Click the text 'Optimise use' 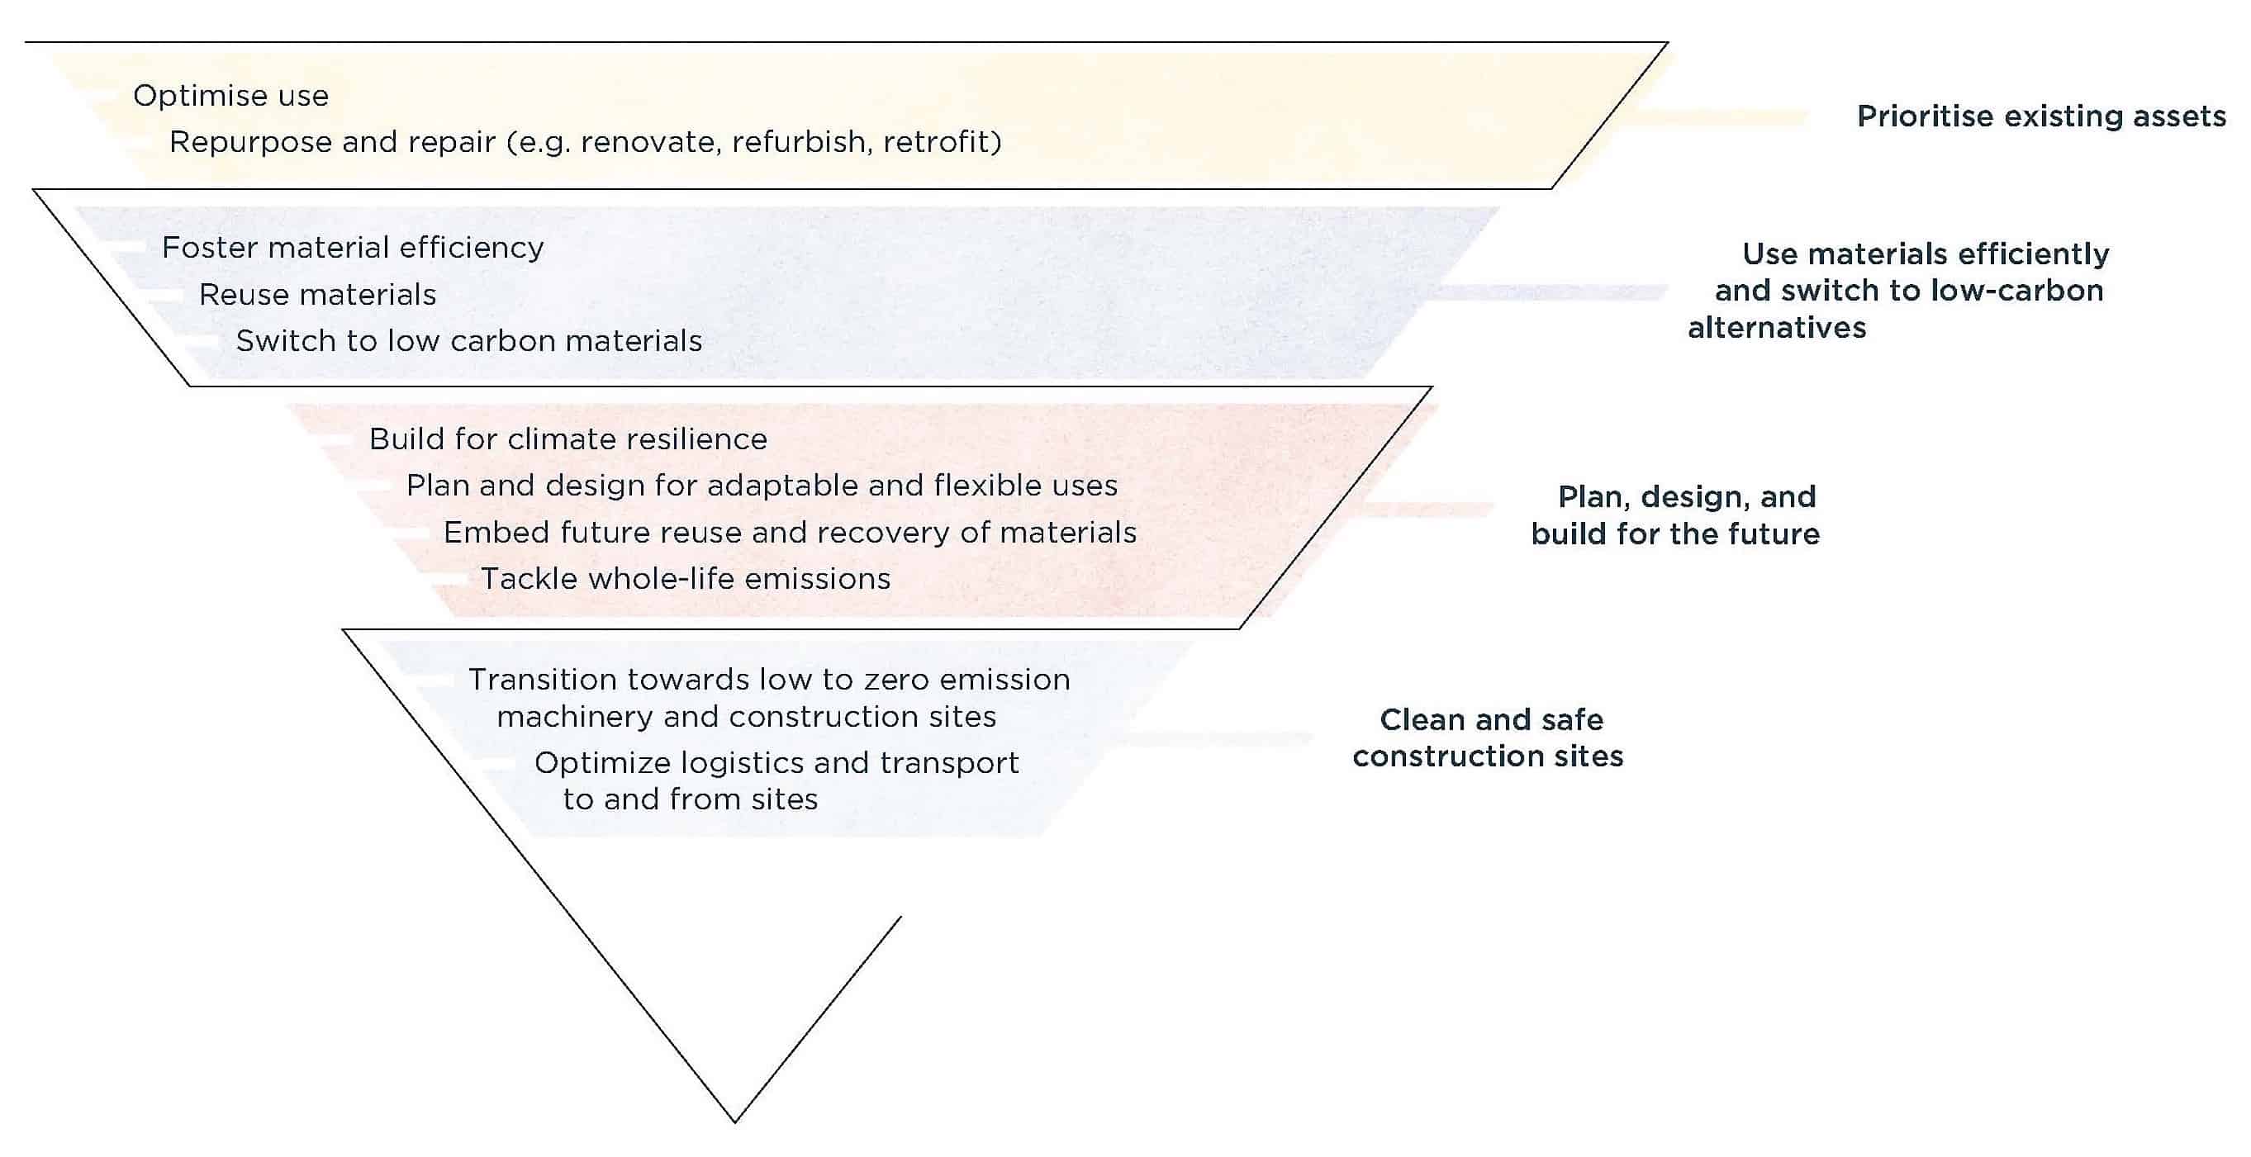(230, 95)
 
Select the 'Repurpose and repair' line (585, 141)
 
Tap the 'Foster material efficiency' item (352, 249)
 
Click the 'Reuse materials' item (317, 295)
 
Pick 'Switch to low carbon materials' (468, 341)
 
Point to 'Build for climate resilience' (568, 439)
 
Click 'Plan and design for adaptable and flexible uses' (761, 486)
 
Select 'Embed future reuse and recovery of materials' (789, 532)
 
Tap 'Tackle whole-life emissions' (685, 578)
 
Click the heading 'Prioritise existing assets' (2040, 116)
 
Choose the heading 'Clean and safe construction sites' (1489, 737)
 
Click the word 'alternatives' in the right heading (1777, 328)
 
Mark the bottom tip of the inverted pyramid (735, 1121)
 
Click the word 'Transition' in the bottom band (541, 680)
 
